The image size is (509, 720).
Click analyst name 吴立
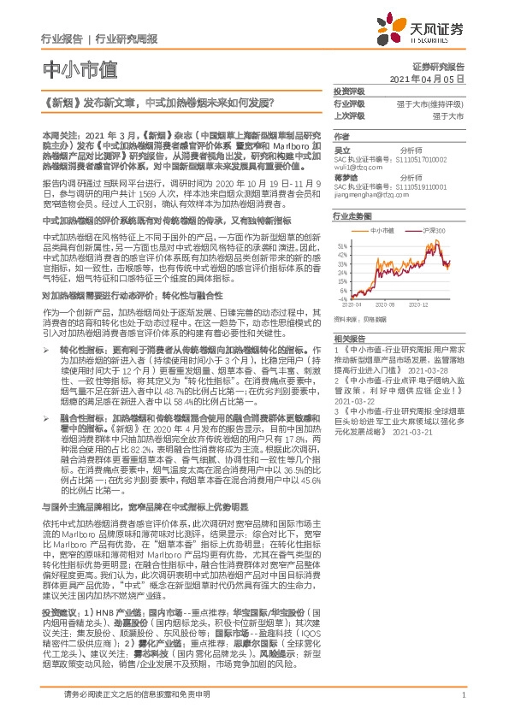click(x=343, y=150)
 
